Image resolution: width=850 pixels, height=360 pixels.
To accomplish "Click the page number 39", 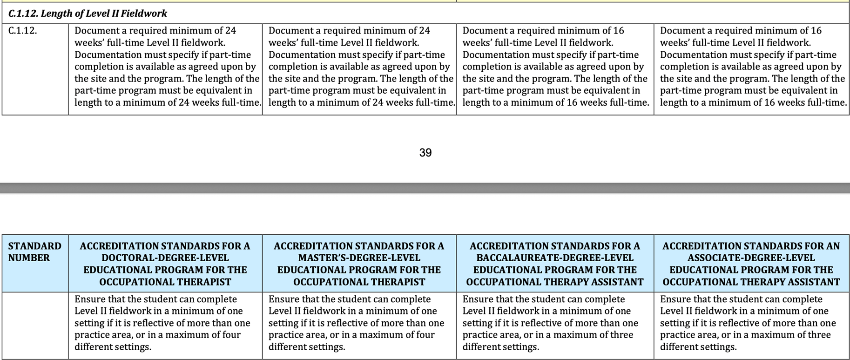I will pos(425,153).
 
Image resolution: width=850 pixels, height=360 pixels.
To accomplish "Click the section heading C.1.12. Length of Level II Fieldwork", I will pos(88,14).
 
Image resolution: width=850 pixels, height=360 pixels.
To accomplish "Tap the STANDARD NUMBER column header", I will pos(34,252).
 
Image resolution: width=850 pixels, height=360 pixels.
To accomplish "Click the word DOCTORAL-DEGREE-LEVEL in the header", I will pos(165,258).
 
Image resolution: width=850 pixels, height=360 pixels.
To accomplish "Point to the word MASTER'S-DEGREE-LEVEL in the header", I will pos(359,258).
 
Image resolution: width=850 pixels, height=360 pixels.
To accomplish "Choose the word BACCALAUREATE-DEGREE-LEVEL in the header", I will pos(554,258).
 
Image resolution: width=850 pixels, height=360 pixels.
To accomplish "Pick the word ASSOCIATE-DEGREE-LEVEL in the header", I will pos(751,258).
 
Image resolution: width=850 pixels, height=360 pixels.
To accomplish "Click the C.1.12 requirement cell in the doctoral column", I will pos(165,67).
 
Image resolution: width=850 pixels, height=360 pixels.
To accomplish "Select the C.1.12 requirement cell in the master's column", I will pos(359,67).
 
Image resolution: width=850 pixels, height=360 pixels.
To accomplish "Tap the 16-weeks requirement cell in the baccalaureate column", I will pos(554,67).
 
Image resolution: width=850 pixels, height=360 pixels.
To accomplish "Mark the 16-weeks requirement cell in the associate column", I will pos(751,67).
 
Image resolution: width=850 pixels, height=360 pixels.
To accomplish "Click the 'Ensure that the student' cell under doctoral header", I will pos(165,323).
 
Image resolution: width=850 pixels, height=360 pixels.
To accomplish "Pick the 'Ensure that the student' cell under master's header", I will pos(359,323).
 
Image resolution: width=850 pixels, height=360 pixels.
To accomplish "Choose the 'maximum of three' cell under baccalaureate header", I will pos(554,323).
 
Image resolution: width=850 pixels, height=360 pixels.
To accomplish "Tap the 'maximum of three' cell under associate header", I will pos(751,323).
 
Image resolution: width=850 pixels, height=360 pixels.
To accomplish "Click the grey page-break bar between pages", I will pos(425,188).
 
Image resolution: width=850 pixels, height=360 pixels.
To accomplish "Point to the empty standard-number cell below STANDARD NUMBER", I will pos(35,325).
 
